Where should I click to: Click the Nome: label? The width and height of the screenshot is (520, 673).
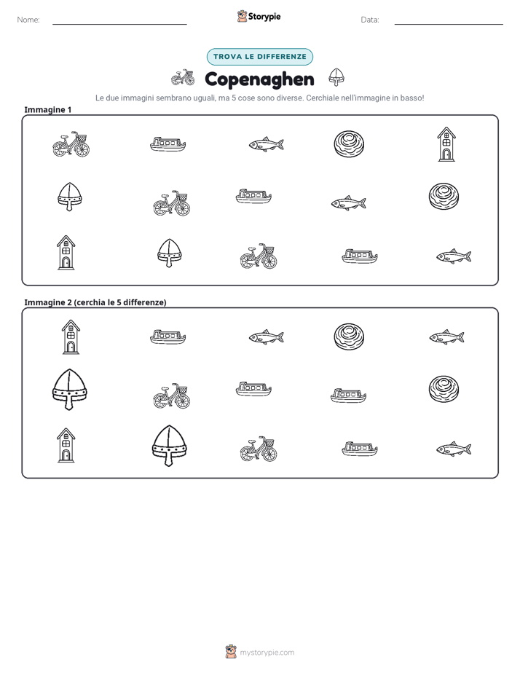tap(28, 20)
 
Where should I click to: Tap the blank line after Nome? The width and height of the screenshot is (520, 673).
tap(119, 24)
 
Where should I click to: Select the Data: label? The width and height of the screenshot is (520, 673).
tap(370, 20)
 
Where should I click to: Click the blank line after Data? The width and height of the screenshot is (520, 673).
tap(449, 24)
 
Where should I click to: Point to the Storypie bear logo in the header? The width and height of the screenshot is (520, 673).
tap(242, 16)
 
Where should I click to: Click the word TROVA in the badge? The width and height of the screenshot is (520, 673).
tap(227, 57)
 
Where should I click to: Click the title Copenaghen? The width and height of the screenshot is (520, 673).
tap(259, 79)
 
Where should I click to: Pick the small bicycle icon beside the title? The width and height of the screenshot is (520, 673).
tap(183, 78)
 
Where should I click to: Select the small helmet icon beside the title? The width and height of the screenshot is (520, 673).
tap(336, 77)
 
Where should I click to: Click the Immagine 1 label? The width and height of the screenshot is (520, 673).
tap(48, 110)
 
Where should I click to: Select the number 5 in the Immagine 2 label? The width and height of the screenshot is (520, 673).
tap(119, 302)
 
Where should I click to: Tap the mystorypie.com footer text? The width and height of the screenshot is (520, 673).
tap(267, 653)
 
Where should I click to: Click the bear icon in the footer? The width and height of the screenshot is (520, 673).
tap(231, 652)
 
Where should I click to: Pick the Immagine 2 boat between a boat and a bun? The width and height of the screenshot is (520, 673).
tap(348, 395)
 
